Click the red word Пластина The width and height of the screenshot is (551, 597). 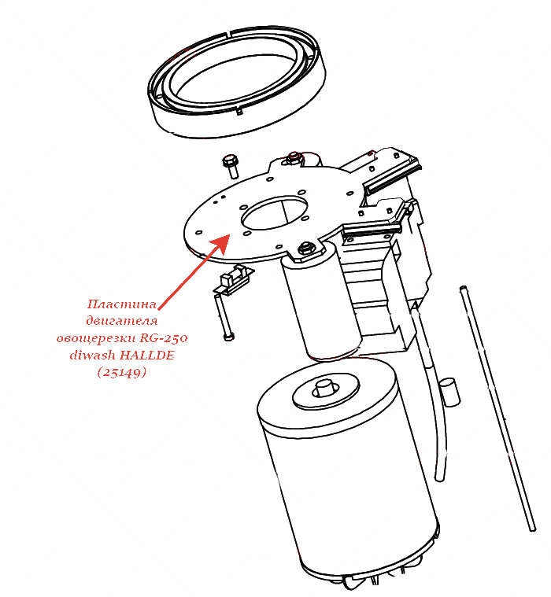pos(121,304)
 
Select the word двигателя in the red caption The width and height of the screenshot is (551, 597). pos(121,321)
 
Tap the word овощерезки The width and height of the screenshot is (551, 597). pos(96,338)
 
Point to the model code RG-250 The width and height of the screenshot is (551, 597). pos(164,337)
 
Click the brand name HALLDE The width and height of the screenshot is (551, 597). pos(147,356)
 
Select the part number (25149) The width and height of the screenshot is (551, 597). pos(121,372)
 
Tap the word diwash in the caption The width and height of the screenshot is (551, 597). pos(93,356)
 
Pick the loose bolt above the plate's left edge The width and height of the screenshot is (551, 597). pos(230,166)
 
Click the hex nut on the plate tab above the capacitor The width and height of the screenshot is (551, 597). pos(305,249)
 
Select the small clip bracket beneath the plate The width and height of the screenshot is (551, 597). pos(233,281)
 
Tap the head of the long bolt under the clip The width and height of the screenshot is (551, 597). pos(228,337)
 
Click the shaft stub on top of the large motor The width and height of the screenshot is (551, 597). pos(326,388)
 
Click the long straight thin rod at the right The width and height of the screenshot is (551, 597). pos(498,408)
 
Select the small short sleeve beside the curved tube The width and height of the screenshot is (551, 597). pos(449,392)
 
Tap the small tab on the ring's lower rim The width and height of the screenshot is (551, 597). pos(239,112)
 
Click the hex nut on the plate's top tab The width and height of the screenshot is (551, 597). pos(294,157)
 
